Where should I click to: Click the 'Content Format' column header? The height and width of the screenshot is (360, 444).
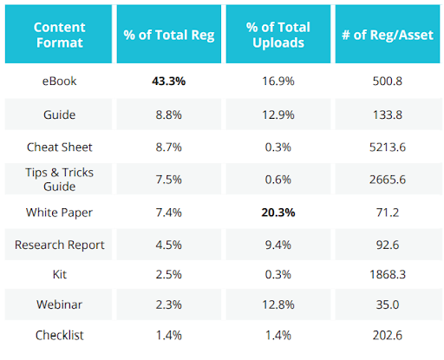point(59,34)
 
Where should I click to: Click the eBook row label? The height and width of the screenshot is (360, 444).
point(59,81)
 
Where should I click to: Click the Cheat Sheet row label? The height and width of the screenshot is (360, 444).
point(59,147)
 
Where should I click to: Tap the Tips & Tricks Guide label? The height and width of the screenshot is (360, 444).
point(59,180)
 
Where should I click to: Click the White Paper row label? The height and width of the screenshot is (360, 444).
point(59,213)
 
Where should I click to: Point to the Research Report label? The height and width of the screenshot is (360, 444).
point(59,245)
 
